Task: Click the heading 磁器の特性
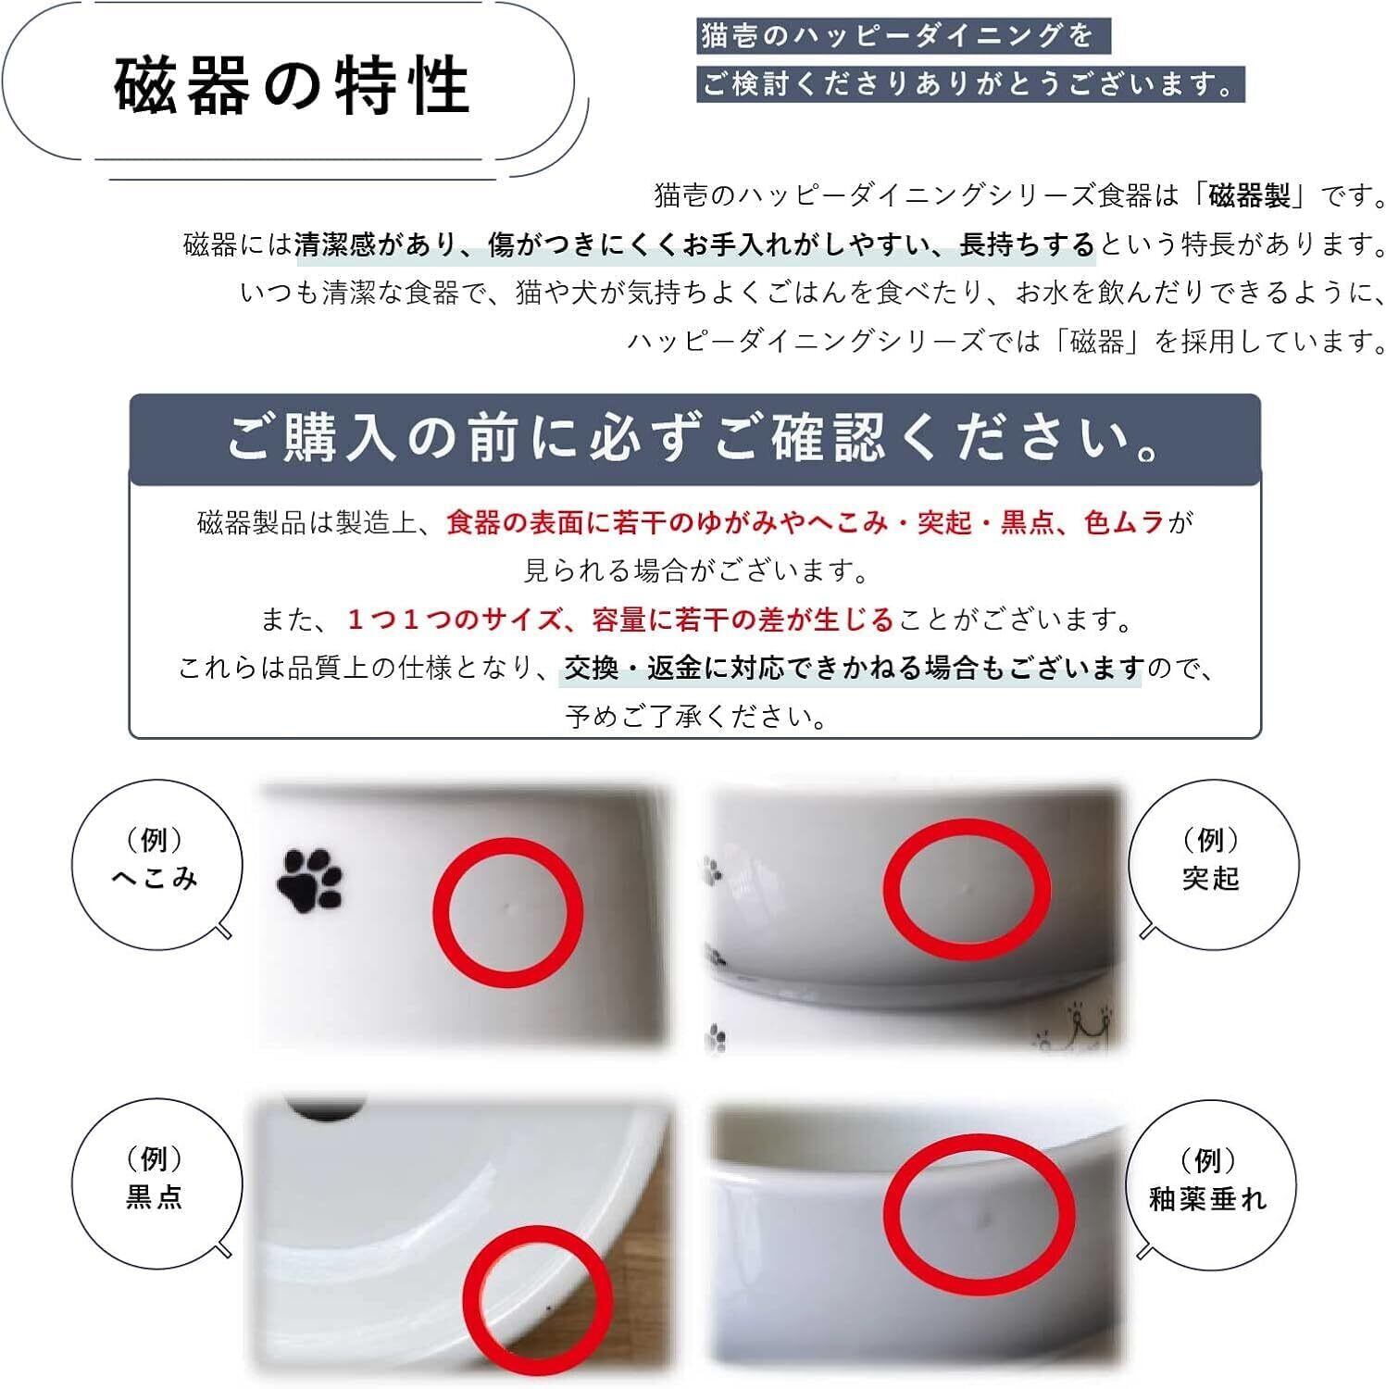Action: coord(293,86)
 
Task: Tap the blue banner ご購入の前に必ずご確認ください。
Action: coord(694,439)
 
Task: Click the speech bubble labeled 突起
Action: coord(1211,861)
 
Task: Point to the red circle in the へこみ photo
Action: coord(507,912)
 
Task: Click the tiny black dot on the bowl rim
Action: coord(550,1308)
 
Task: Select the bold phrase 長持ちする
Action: coord(1027,244)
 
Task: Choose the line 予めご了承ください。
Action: coord(695,717)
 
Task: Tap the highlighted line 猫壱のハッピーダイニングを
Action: coord(897,36)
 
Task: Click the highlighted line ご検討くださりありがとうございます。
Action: coord(969,84)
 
